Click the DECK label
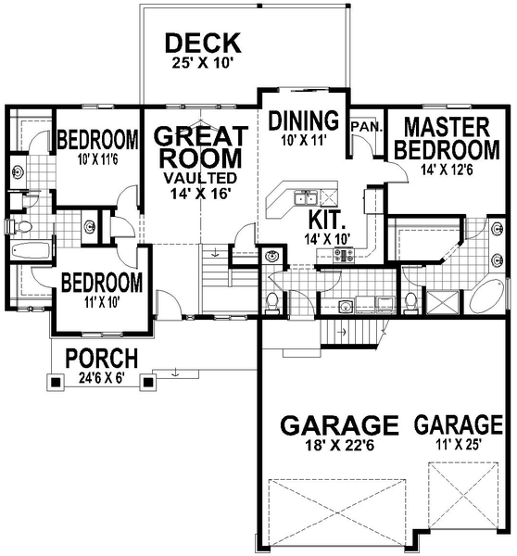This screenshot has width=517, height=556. pos(202,43)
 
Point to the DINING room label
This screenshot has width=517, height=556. pos(300,120)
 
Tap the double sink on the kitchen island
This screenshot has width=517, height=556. pos(305,197)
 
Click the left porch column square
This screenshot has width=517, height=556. pos(55,381)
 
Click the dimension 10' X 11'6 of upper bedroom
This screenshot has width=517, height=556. pos(96,159)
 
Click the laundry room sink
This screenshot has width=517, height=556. pos(272,256)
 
